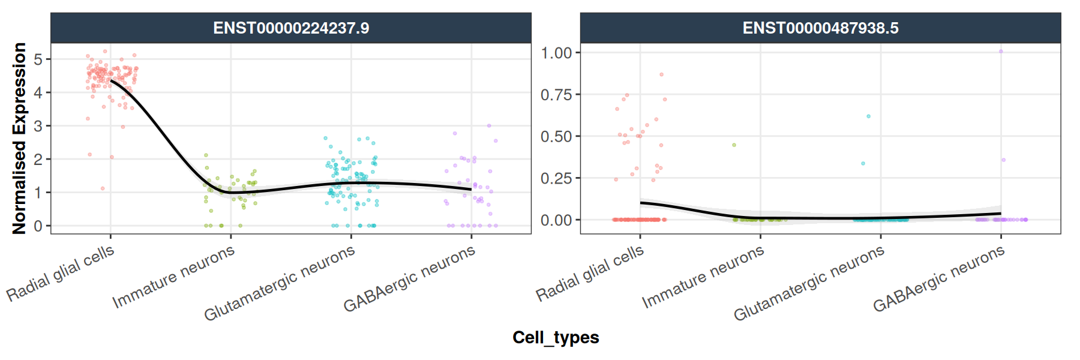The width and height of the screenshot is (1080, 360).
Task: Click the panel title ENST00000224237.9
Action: point(291,28)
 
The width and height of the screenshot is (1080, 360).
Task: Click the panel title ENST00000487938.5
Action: point(820,28)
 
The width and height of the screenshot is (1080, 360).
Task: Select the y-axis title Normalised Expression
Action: point(20,138)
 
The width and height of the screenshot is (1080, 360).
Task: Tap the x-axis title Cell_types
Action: point(556,338)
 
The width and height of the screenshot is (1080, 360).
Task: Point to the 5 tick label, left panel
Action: point(38,59)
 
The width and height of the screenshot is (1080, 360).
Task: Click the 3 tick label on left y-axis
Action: point(38,126)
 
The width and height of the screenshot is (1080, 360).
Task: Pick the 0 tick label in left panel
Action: point(38,226)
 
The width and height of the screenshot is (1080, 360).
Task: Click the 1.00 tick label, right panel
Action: point(556,53)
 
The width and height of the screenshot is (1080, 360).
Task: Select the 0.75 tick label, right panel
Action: point(556,95)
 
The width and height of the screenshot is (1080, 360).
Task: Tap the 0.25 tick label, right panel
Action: point(556,178)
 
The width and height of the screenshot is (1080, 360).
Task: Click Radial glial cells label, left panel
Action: point(60,273)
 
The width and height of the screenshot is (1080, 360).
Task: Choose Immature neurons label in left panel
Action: point(173,277)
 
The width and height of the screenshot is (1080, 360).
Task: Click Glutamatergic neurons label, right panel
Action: point(809,283)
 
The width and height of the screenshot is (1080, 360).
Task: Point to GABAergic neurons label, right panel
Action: point(938,279)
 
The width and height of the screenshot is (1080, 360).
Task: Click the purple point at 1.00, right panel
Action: point(1001,52)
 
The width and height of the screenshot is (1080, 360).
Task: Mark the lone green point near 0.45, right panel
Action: point(734,145)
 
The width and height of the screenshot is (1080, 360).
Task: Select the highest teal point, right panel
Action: point(868,116)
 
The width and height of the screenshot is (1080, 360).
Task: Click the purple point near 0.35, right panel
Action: point(1003,160)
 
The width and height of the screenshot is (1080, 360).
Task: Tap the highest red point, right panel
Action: point(661,74)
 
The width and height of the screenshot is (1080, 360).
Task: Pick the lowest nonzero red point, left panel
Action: point(103,188)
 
